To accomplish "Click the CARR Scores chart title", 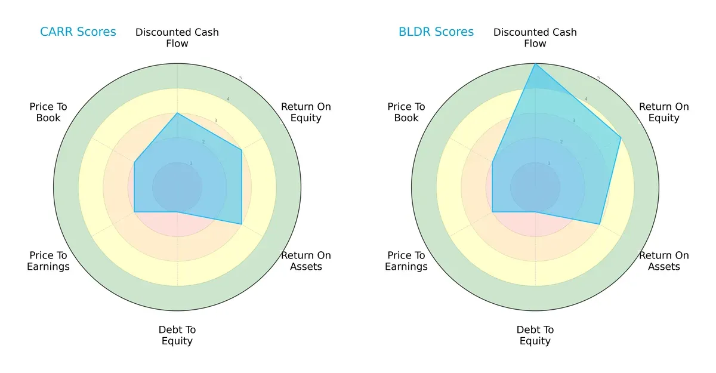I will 78,32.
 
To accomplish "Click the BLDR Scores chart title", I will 436,32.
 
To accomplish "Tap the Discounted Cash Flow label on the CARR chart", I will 177,38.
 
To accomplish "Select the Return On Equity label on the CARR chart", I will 306,112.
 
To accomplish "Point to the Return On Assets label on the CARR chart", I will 306,261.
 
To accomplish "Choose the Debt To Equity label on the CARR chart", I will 177,335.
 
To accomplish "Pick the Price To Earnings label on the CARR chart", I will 48,261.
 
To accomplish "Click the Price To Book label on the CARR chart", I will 48,112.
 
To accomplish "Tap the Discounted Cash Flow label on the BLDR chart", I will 535,38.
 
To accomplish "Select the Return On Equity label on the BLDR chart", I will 664,112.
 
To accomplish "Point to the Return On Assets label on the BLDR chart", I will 664,261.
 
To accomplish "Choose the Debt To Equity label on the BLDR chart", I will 535,335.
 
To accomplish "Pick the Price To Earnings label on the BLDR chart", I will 406,261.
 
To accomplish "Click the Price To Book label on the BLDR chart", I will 406,112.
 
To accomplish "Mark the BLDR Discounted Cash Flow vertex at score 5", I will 535,64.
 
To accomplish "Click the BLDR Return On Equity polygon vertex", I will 621,138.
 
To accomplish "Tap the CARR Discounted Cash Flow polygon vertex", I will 177,113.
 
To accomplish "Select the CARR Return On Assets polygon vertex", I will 241,224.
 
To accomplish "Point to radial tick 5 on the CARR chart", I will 240,78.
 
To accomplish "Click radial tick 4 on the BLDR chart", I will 586,99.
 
